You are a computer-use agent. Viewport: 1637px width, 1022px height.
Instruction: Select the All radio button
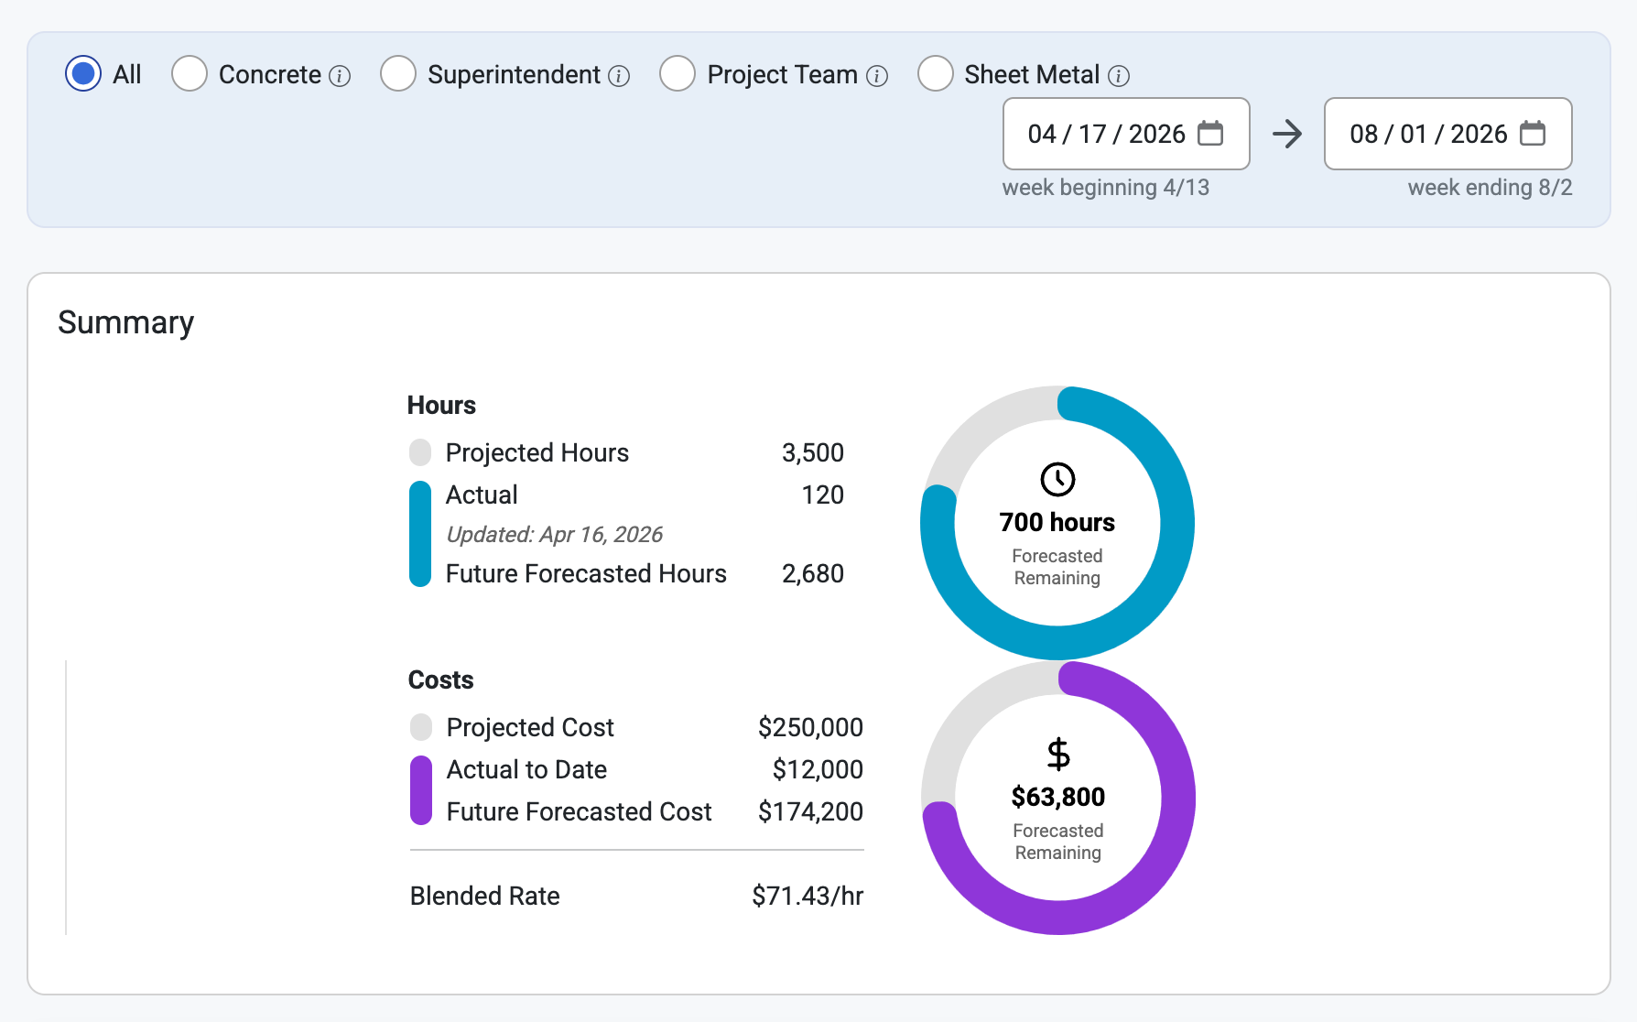pos(83,74)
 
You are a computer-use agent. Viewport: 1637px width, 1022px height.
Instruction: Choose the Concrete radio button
pos(190,74)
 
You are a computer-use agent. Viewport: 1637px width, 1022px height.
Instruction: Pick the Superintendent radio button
pos(398,74)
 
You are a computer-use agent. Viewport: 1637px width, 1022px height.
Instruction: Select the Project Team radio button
pos(678,74)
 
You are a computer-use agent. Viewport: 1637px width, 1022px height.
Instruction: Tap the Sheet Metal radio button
pos(936,74)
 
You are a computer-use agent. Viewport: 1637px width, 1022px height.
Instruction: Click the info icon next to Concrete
pos(340,76)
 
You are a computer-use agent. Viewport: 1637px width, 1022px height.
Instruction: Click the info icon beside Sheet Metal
pos(1119,76)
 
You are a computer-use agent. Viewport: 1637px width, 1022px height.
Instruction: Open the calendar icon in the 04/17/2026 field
pos(1210,133)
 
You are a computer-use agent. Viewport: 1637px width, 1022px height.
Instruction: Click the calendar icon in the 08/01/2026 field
pos(1533,133)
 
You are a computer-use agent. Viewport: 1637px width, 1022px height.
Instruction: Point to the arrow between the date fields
pos(1287,134)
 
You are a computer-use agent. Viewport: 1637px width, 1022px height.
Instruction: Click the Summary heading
pos(126,322)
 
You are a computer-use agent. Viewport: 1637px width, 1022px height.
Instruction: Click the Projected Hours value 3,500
pos(813,452)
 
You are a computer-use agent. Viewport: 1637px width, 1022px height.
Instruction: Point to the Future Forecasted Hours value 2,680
pos(813,573)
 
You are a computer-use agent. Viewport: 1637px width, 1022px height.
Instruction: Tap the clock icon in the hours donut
pos(1057,479)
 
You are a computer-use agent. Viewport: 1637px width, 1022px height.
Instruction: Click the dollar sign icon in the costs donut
pos(1058,754)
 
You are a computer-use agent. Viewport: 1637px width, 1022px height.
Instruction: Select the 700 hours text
pos(1057,522)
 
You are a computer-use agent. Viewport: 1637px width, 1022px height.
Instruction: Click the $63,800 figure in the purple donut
pos(1058,797)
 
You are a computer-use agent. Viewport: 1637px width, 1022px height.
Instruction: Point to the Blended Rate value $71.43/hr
pos(808,896)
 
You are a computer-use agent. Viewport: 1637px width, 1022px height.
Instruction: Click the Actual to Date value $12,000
pos(818,769)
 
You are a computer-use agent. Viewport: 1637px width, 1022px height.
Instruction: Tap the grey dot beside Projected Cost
pos(421,727)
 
